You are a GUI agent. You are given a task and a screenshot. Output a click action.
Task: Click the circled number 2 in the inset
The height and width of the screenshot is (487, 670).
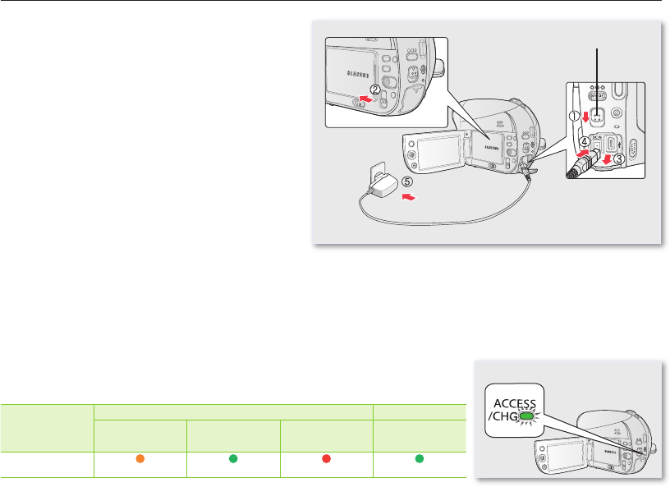[x=374, y=90]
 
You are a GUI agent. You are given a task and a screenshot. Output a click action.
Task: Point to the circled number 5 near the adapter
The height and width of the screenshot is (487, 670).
[x=408, y=184]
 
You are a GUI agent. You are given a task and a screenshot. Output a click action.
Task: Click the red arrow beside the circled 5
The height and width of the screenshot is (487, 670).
[x=408, y=198]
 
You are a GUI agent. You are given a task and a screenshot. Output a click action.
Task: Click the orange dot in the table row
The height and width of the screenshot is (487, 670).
[x=140, y=457]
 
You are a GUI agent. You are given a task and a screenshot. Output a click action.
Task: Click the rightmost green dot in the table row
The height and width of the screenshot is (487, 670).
[x=420, y=457]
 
